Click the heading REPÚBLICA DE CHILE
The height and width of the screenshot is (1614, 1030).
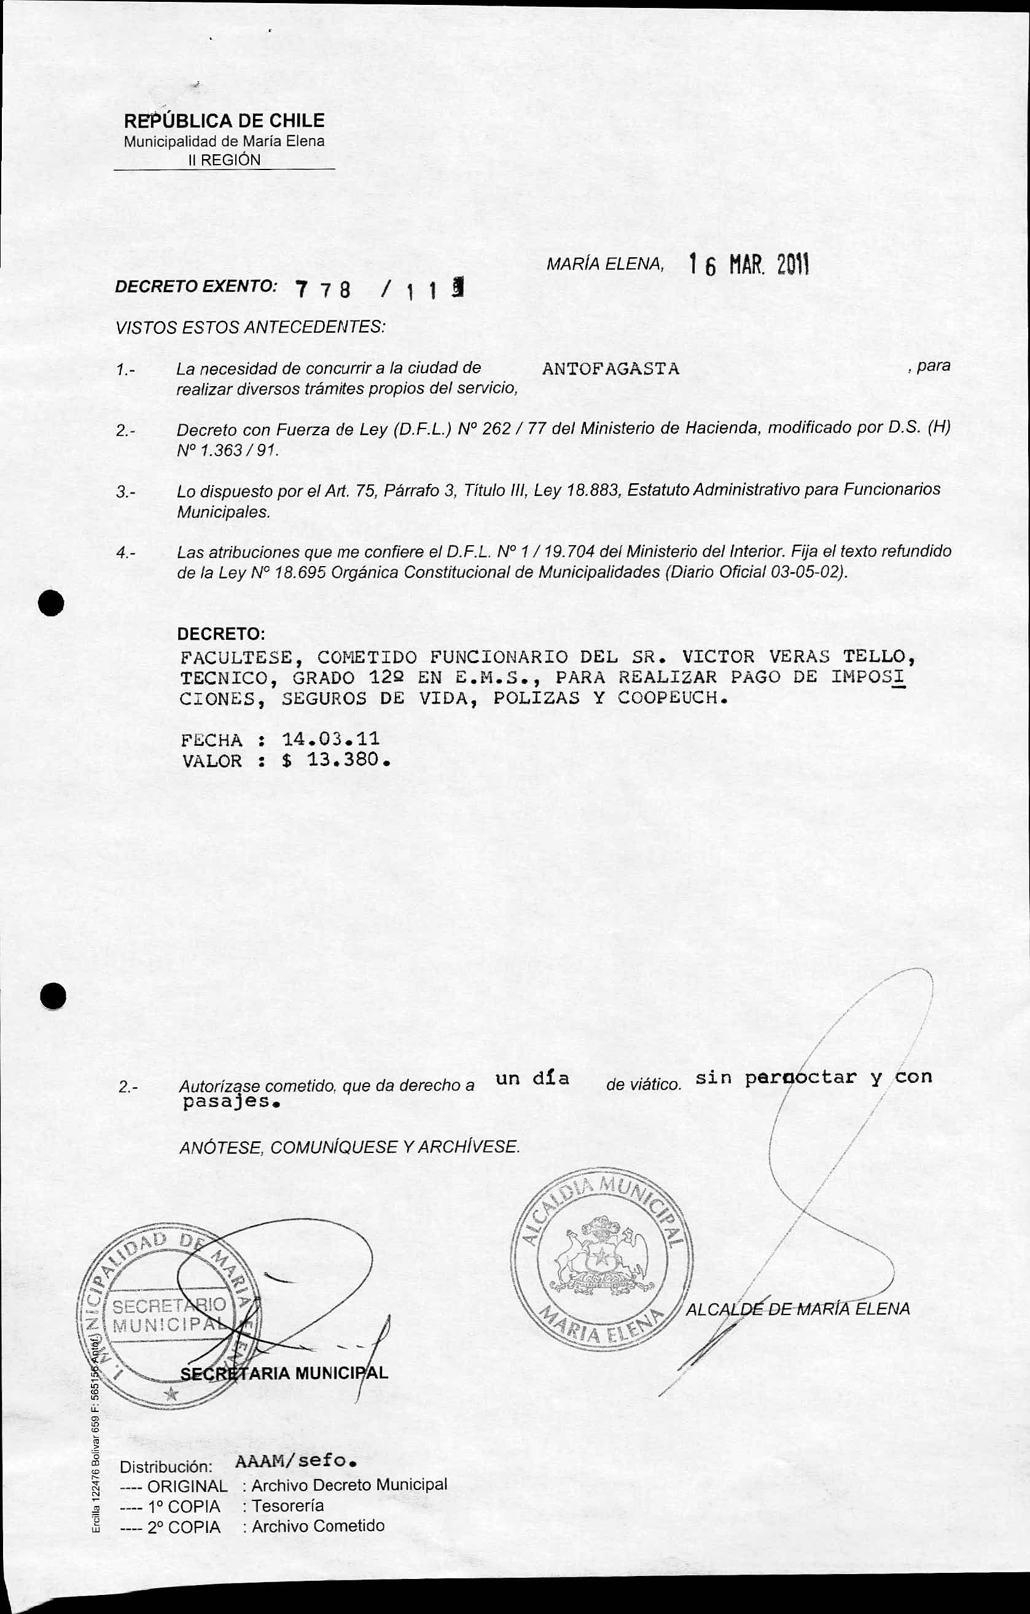(x=224, y=121)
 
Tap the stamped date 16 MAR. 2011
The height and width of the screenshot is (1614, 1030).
(x=749, y=266)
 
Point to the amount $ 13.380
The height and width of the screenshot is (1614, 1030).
(x=336, y=760)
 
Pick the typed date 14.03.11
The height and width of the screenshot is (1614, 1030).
(x=330, y=739)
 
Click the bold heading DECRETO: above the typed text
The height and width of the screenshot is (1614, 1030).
(x=220, y=634)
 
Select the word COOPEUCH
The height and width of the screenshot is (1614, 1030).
(x=672, y=698)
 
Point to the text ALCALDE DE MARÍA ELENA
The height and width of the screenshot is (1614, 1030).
(x=797, y=1309)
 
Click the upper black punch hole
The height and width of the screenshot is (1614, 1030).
(x=51, y=603)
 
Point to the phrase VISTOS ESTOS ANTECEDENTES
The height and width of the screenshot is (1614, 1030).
(x=250, y=327)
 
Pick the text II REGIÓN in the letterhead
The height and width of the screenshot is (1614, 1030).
(x=224, y=160)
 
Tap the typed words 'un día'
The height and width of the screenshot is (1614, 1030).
(x=533, y=1079)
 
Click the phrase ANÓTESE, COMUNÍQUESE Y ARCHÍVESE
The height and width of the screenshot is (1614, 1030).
(x=349, y=1147)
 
